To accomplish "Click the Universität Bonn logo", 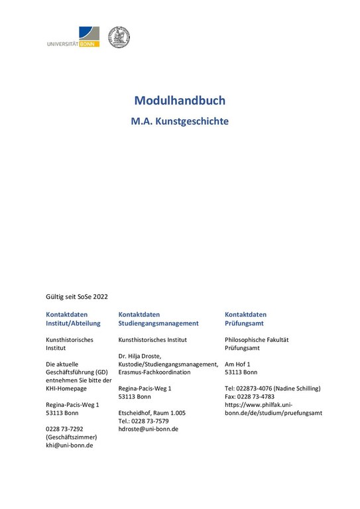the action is (x=73, y=37).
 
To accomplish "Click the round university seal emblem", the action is (x=119, y=37).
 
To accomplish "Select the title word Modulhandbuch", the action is (x=180, y=101).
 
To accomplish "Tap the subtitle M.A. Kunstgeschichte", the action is (x=180, y=122).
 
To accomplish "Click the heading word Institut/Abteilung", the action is (x=73, y=323).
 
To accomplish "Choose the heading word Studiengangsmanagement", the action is (x=158, y=323).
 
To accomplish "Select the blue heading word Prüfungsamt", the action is (x=244, y=323).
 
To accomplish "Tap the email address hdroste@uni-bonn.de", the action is (x=148, y=429).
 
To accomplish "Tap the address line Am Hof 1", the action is (x=238, y=365).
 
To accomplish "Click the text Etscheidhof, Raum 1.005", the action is (x=151, y=413).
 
